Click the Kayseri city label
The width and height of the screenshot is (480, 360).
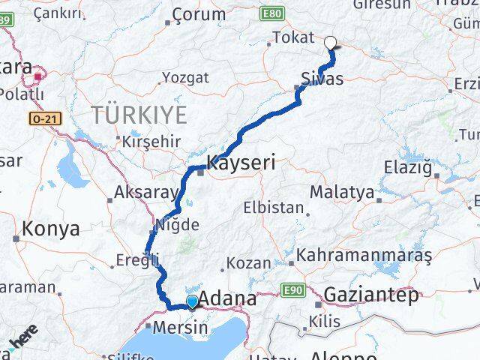tap(241, 161)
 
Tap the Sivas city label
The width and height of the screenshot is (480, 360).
tap(323, 79)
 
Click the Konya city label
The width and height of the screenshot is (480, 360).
tap(52, 229)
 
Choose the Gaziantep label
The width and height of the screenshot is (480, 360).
tap(371, 295)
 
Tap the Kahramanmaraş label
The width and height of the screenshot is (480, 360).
tap(364, 255)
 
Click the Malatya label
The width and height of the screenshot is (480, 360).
tap(341, 192)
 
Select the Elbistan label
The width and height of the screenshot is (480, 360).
tap(273, 208)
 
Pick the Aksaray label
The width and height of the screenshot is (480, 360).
tap(145, 193)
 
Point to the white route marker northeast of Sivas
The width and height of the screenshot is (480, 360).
tap(331, 43)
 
